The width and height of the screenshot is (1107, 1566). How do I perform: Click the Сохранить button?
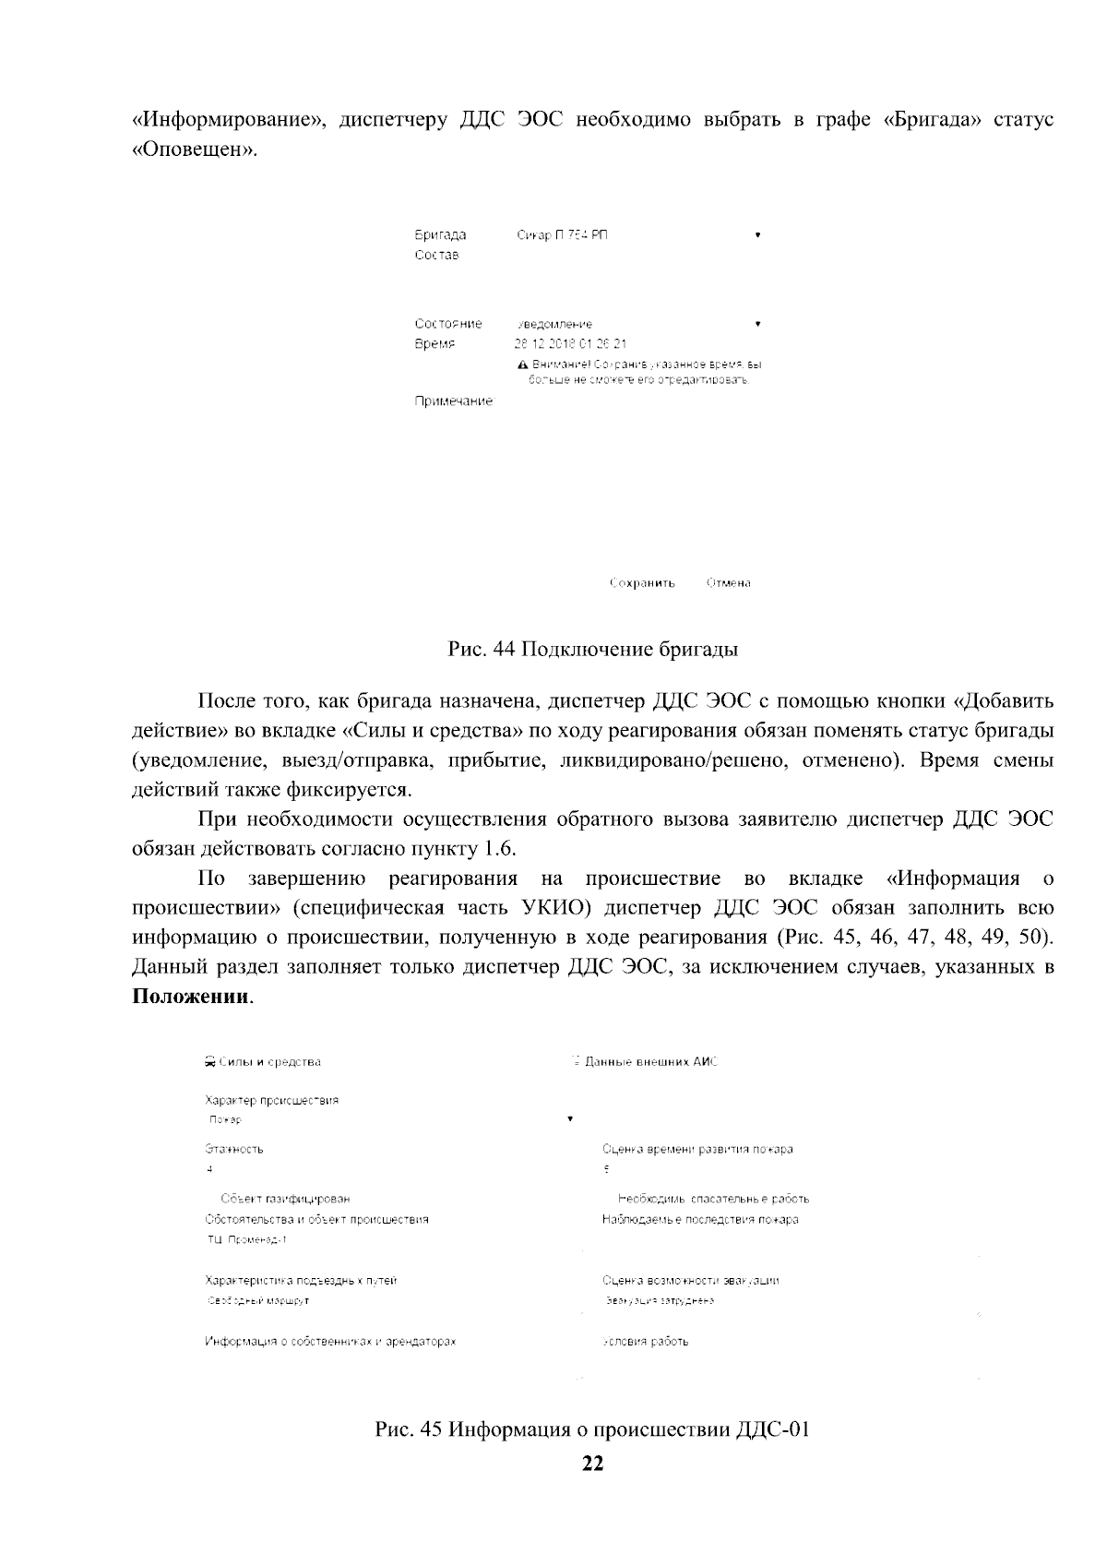[x=642, y=583]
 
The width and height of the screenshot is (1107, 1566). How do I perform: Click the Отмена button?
[x=728, y=583]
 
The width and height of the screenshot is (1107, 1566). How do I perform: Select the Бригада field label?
[x=440, y=235]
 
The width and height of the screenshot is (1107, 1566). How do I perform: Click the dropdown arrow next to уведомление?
[x=757, y=324]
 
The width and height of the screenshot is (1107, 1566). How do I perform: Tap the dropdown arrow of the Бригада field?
[x=757, y=235]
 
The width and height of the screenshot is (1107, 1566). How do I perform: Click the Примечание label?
[x=453, y=401]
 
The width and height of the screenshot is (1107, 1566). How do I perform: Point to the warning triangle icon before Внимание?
[x=523, y=365]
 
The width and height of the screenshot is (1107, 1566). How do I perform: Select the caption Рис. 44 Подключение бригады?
[x=593, y=649]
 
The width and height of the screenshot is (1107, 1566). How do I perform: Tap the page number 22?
[x=592, y=1464]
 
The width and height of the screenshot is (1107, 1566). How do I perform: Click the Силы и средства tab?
[x=263, y=1062]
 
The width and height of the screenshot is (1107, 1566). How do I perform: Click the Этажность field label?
[x=233, y=1150]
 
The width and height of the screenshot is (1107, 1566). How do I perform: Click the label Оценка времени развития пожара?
[x=697, y=1150]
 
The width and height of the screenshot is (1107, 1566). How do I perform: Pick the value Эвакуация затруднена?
[x=661, y=1301]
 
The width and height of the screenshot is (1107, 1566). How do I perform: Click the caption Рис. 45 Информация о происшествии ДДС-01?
[x=592, y=1430]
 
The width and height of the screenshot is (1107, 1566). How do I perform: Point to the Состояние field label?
[x=448, y=324]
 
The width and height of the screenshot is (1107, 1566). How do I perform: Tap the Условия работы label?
[x=646, y=1342]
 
